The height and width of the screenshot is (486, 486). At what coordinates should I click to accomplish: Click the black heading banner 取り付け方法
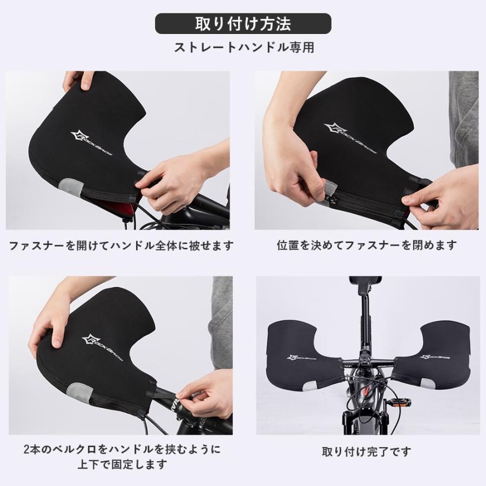click(243, 24)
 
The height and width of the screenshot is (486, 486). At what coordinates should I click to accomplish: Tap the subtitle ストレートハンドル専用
click(244, 47)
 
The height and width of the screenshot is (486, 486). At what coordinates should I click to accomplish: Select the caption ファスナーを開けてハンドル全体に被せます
click(122, 246)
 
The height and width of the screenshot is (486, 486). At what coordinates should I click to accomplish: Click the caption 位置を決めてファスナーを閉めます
click(365, 246)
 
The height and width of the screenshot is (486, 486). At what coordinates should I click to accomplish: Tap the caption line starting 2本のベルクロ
click(122, 449)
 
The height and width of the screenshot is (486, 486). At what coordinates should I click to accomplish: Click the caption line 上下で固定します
click(122, 464)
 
